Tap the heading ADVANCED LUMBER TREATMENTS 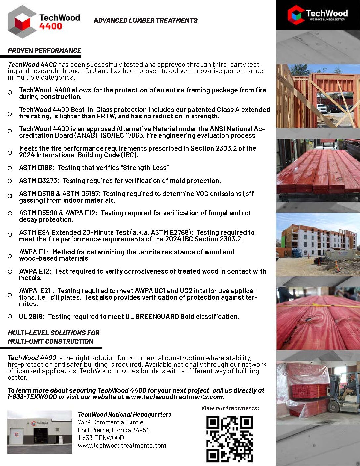[x=145, y=20]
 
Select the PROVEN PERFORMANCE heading [x=45, y=51]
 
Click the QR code [x=229, y=439]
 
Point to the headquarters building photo [x=40, y=432]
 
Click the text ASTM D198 [x=36, y=168]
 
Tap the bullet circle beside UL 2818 [x=10, y=316]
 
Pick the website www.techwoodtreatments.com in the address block [x=122, y=445]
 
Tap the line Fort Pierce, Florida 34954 [x=113, y=430]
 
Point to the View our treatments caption [x=230, y=408]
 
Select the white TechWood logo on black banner [x=318, y=15]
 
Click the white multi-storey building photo [x=318, y=243]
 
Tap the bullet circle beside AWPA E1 [x=10, y=256]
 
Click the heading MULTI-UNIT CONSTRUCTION [x=51, y=341]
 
